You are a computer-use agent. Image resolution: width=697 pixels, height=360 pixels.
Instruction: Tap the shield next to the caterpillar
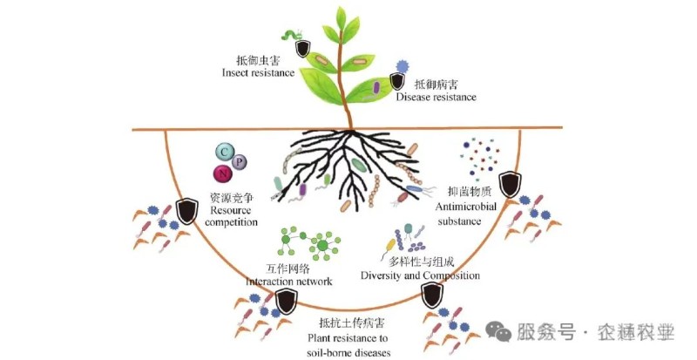click(x=302, y=47)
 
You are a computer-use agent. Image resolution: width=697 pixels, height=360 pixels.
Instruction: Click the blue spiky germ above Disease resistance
click(x=403, y=66)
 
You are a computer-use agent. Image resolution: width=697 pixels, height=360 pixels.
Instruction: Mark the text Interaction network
click(x=289, y=282)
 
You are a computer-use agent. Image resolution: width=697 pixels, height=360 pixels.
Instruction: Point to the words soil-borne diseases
click(x=348, y=351)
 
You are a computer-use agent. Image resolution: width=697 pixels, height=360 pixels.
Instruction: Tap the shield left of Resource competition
click(x=186, y=210)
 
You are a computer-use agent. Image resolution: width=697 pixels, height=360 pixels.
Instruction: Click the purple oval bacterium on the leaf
click(x=376, y=86)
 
